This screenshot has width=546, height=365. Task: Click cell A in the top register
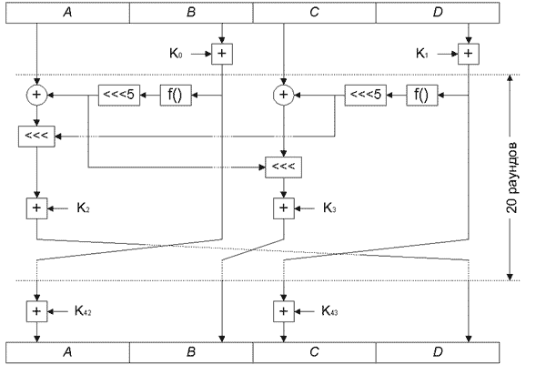[67, 13]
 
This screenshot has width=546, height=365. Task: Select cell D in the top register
[437, 13]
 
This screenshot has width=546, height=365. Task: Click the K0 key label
[177, 55]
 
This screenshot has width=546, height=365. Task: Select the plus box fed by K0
[222, 55]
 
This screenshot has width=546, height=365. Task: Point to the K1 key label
[423, 55]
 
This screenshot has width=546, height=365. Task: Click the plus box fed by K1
[469, 55]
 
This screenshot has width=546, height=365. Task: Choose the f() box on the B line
[177, 94]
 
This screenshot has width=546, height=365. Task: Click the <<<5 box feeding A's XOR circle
[118, 94]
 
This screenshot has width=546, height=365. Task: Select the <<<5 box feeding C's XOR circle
[365, 94]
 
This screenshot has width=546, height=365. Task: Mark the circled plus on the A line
[36, 94]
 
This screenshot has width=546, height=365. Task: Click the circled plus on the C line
[283, 94]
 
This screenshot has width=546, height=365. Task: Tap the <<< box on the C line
[283, 167]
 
